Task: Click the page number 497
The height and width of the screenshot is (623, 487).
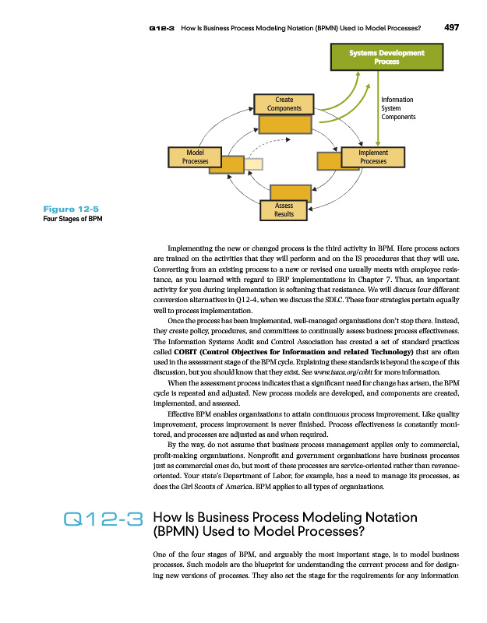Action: [x=450, y=26]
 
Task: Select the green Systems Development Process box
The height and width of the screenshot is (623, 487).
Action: [x=387, y=57]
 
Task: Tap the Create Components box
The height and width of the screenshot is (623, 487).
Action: [x=284, y=104]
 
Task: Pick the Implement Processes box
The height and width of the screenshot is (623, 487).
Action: [x=373, y=157]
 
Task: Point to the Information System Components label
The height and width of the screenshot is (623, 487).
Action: [x=398, y=107]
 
